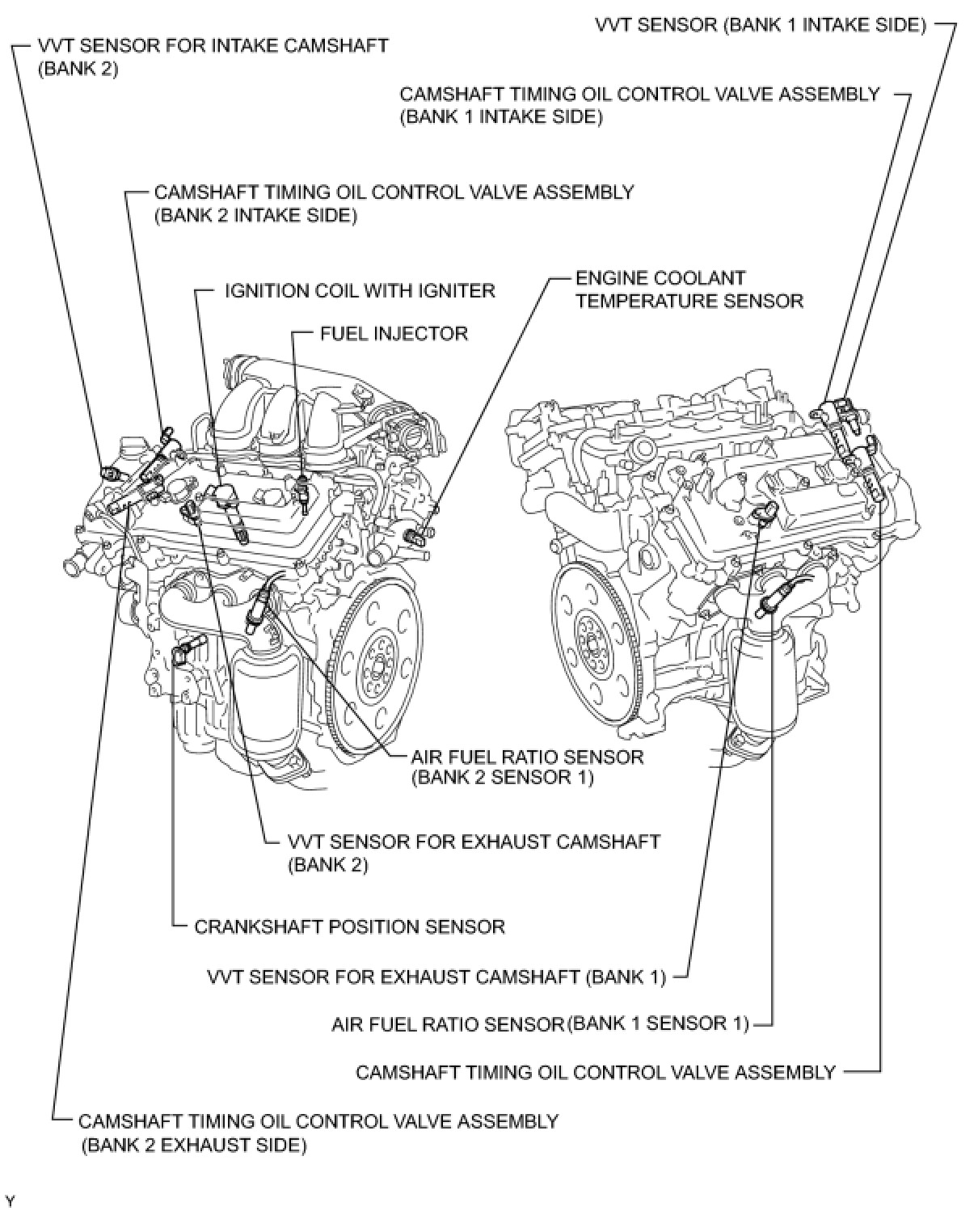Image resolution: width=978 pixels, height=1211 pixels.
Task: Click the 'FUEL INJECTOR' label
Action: coord(394,333)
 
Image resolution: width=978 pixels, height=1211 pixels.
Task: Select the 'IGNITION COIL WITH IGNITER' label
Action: coord(360,290)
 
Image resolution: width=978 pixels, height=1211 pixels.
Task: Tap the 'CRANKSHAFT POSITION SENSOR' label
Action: coord(349,926)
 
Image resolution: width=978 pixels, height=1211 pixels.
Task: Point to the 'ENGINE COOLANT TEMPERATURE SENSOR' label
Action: coord(689,289)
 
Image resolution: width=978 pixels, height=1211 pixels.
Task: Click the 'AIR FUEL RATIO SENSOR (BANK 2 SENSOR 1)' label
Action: coord(527,767)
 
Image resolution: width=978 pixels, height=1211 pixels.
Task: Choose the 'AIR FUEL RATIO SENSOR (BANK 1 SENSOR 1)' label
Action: coord(540,1024)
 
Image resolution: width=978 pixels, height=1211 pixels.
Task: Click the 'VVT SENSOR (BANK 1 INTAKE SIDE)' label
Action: coord(760,24)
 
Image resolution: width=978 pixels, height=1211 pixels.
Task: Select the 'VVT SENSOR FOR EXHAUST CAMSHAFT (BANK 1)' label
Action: coord(436,977)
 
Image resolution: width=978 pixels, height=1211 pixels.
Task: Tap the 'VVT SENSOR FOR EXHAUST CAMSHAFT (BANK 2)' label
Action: coord(474,852)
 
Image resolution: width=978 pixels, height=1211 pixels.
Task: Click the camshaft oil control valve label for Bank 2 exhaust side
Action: coord(318,1133)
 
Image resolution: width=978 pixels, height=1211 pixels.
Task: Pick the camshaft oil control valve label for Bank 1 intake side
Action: coord(639,105)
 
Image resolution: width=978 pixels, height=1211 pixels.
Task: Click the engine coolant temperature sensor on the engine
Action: coord(420,534)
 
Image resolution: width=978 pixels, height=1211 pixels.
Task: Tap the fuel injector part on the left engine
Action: coord(302,492)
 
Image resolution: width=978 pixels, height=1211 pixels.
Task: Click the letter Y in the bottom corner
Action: coord(10,1197)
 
